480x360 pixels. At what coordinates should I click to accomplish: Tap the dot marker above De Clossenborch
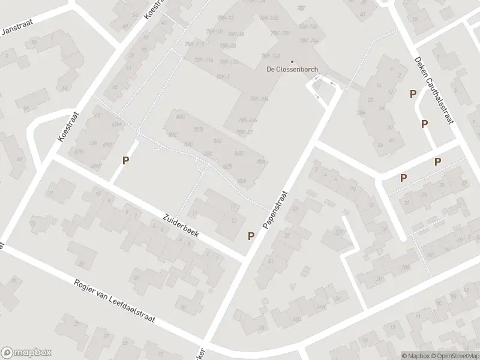coord(292,61)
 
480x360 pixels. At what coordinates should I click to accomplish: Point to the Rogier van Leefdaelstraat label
coord(114,302)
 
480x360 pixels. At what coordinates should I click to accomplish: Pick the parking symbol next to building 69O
coord(126,160)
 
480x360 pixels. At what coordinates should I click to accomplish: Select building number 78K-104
coord(258,99)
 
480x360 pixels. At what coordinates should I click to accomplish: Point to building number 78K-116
coord(203,60)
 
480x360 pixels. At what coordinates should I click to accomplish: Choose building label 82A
coord(242,181)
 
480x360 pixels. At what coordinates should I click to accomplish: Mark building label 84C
coord(218,140)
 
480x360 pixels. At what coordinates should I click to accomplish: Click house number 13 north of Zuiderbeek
coord(233,207)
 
